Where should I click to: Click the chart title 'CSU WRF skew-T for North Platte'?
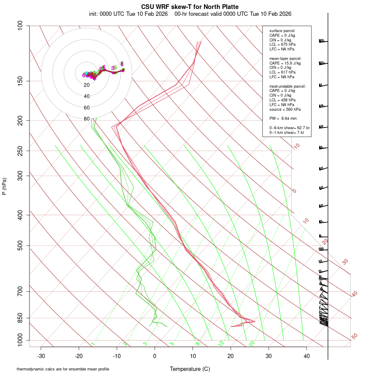(190, 7)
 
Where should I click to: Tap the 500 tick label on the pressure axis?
(20, 246)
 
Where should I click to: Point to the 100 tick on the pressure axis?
(20, 26)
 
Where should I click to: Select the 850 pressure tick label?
(20, 318)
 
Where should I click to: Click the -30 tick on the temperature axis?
(41, 355)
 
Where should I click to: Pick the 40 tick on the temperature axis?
(306, 355)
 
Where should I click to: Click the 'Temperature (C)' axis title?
(190, 369)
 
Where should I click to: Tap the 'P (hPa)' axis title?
(4, 187)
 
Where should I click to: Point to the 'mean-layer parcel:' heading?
(285, 58)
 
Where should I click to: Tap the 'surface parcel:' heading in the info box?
(282, 31)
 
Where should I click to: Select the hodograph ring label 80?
(87, 119)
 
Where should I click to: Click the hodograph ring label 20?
(87, 85)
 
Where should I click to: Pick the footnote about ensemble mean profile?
(63, 369)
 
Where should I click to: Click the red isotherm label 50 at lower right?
(354, 336)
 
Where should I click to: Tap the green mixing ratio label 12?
(221, 344)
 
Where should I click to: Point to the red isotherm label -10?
(296, 146)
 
